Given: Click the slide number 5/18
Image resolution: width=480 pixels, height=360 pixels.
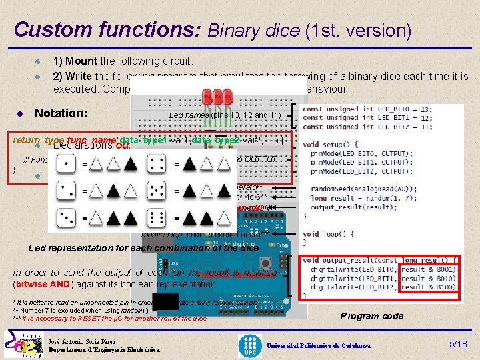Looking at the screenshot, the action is [458, 344].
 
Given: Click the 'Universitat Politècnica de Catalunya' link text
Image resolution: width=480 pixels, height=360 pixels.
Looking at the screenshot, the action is [319, 346].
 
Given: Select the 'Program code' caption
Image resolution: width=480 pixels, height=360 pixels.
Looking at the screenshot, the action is [372, 316].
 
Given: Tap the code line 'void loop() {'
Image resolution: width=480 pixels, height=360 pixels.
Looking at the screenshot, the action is [333, 234].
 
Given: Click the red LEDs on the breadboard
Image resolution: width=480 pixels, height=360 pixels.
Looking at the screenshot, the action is [218, 95].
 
